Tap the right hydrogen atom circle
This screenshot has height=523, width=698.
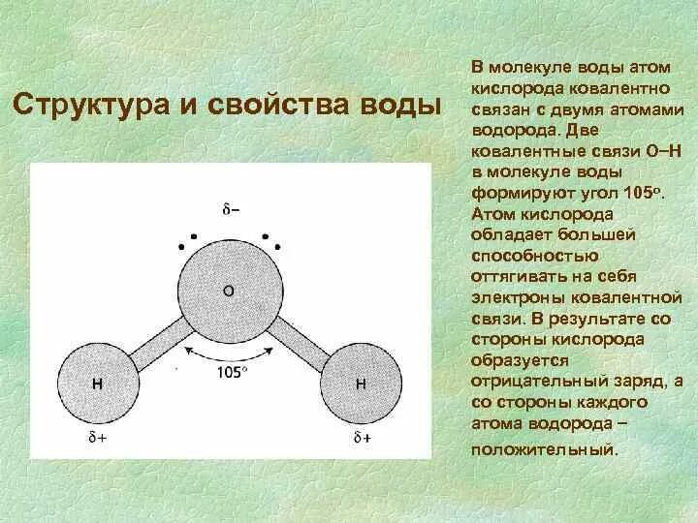[x=360, y=385]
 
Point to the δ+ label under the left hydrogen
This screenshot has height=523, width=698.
[x=98, y=437]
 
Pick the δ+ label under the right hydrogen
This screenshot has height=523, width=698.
[x=362, y=437]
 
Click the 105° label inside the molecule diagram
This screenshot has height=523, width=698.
[x=230, y=371]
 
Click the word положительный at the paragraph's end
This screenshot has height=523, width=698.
[x=543, y=450]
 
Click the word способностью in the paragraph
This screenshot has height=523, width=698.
[x=533, y=256]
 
